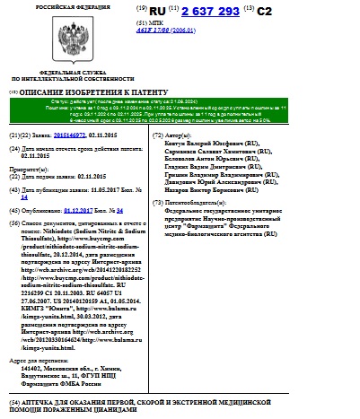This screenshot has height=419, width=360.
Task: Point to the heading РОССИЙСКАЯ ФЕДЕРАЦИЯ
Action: pyautogui.click(x=62, y=5)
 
